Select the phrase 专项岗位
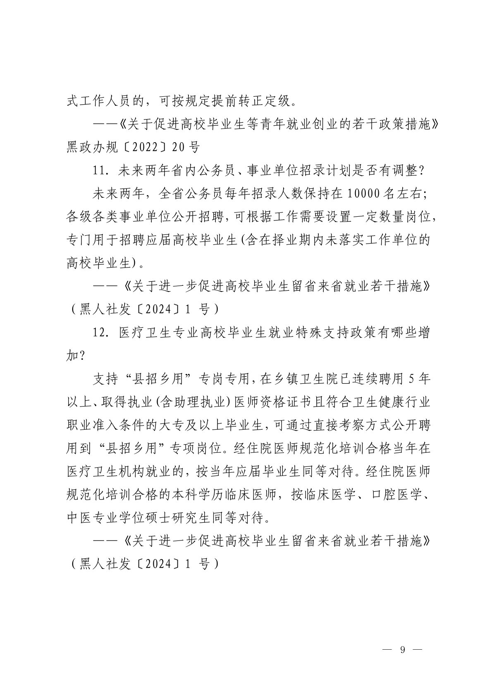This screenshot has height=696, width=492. pos(200,448)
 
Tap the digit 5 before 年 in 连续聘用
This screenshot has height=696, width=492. pos(411,379)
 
